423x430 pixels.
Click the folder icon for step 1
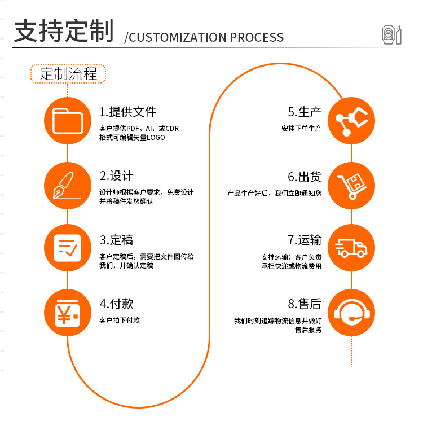pos(68,121)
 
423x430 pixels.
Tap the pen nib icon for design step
pos(68,185)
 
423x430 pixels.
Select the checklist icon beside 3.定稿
pos(68,248)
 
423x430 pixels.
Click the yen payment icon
pos(68,312)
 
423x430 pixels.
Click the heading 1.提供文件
pos(128,112)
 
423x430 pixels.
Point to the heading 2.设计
pos(117,175)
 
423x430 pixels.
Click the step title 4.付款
pos(117,304)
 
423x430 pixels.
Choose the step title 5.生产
pos(304,112)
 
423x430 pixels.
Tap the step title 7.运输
pos(304,240)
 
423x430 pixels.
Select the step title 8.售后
pos(304,304)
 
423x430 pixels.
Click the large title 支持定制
pos(64,30)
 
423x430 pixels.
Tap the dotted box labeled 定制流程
pos(68,73)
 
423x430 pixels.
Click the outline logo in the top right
pos(391,34)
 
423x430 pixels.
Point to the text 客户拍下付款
pos(120,321)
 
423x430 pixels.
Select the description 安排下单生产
pos(301,129)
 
